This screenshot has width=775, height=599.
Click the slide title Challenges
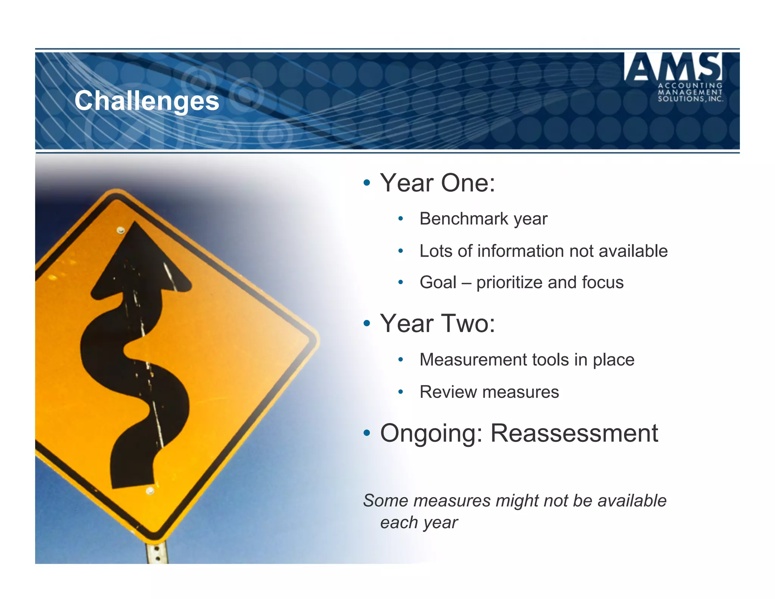(147, 101)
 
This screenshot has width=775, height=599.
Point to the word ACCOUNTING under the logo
(690, 86)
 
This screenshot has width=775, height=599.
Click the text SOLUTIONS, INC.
(690, 99)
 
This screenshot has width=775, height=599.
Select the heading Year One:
(437, 183)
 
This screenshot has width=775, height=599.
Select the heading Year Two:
(437, 324)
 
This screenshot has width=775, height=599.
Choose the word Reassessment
(574, 433)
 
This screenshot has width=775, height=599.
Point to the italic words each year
(419, 523)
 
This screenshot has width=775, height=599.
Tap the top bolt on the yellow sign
(121, 230)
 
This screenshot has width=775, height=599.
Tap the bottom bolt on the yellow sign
(150, 491)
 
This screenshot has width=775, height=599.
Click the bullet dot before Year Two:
(366, 324)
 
